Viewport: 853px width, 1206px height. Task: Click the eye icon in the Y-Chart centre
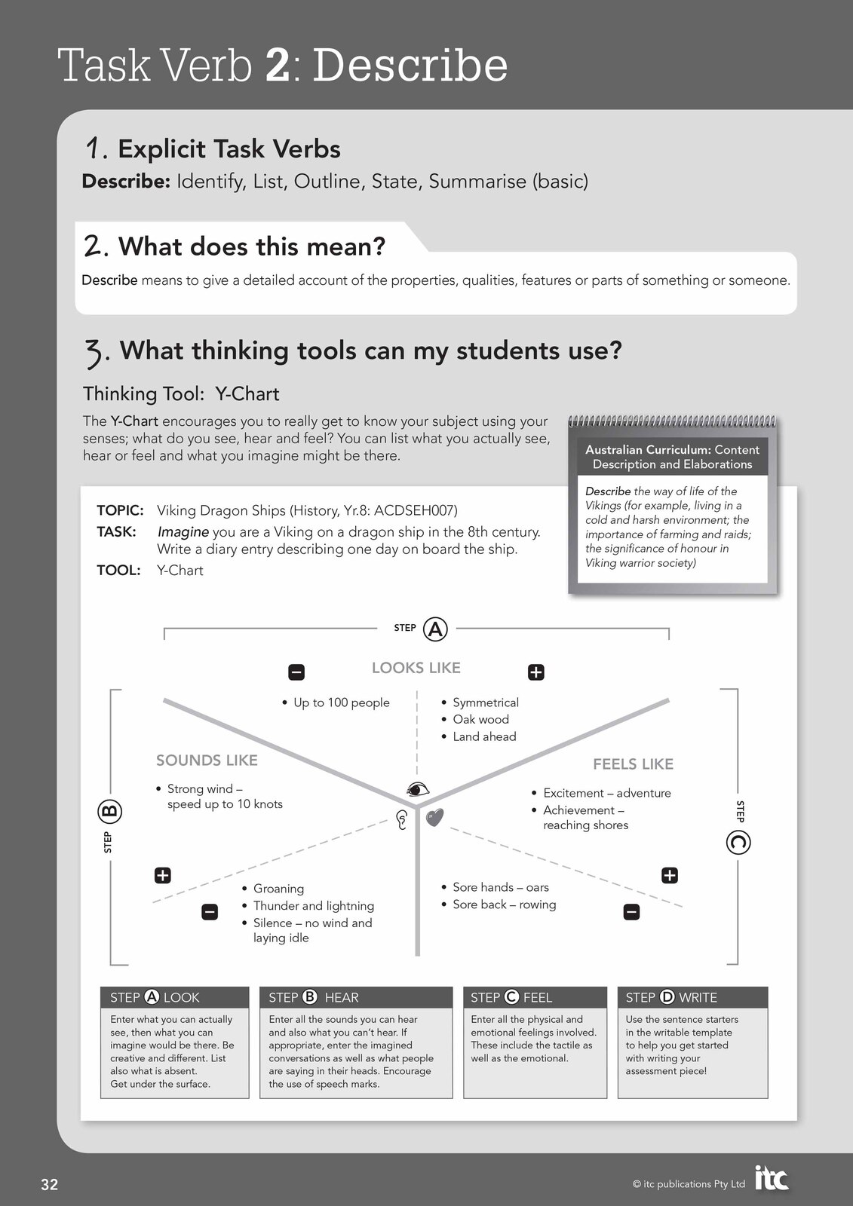[x=417, y=789]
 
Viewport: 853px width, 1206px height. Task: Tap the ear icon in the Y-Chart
[x=402, y=819]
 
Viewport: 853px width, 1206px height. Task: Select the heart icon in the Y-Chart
[x=434, y=817]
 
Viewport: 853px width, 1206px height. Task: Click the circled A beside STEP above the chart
[x=435, y=629]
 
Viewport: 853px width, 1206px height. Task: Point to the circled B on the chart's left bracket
[x=109, y=812]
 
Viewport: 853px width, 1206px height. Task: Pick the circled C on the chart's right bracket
[x=738, y=842]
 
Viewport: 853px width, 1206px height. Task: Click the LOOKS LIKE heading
[x=416, y=668]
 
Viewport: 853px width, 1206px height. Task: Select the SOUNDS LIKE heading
[x=207, y=761]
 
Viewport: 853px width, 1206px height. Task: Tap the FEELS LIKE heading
[x=633, y=764]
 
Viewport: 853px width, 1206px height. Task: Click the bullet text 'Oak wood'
[x=480, y=720]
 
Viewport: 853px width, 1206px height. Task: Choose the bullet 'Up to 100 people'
[x=341, y=702]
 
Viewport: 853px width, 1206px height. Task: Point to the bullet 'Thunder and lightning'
[x=313, y=906]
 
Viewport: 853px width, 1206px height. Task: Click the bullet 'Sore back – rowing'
[x=504, y=904]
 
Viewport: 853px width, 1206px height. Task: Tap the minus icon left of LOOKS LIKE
[x=296, y=672]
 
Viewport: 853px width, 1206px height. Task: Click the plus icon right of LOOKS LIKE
[x=535, y=672]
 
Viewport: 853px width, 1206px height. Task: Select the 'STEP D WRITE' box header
[x=692, y=997]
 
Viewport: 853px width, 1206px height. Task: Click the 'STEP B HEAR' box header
[x=355, y=997]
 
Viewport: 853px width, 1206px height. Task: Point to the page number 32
[x=49, y=1184]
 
